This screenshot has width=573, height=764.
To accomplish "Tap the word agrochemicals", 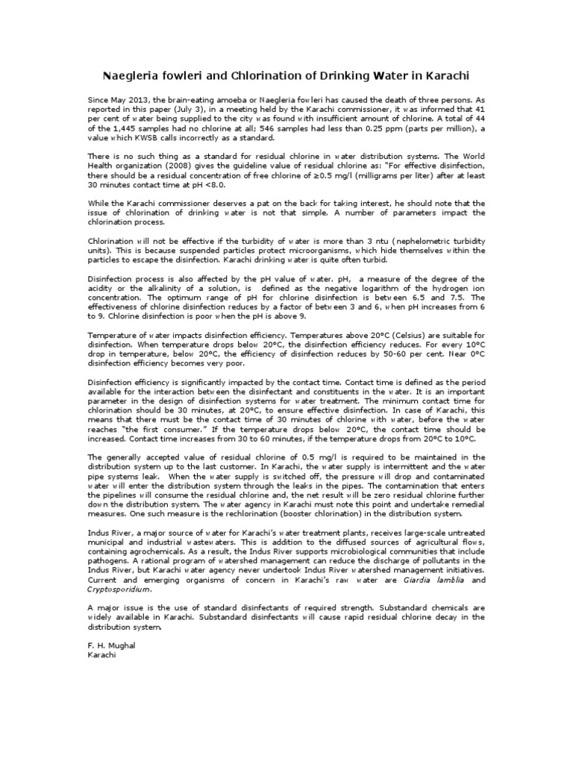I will [136, 554].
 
